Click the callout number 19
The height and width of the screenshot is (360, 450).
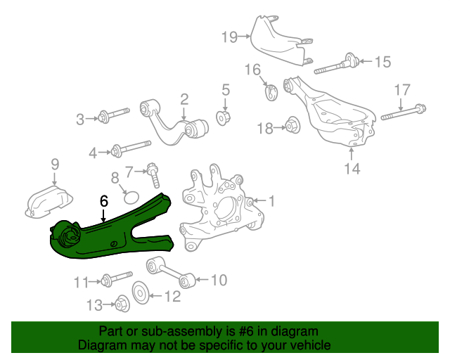(x=229, y=37)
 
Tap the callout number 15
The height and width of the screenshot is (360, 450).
(x=381, y=62)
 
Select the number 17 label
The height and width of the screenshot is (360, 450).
(x=401, y=90)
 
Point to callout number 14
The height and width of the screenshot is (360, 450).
(x=352, y=168)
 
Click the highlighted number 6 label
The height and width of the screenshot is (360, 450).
(x=104, y=201)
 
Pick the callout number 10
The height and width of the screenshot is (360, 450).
(x=219, y=281)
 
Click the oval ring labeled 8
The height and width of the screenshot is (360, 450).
(x=127, y=193)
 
